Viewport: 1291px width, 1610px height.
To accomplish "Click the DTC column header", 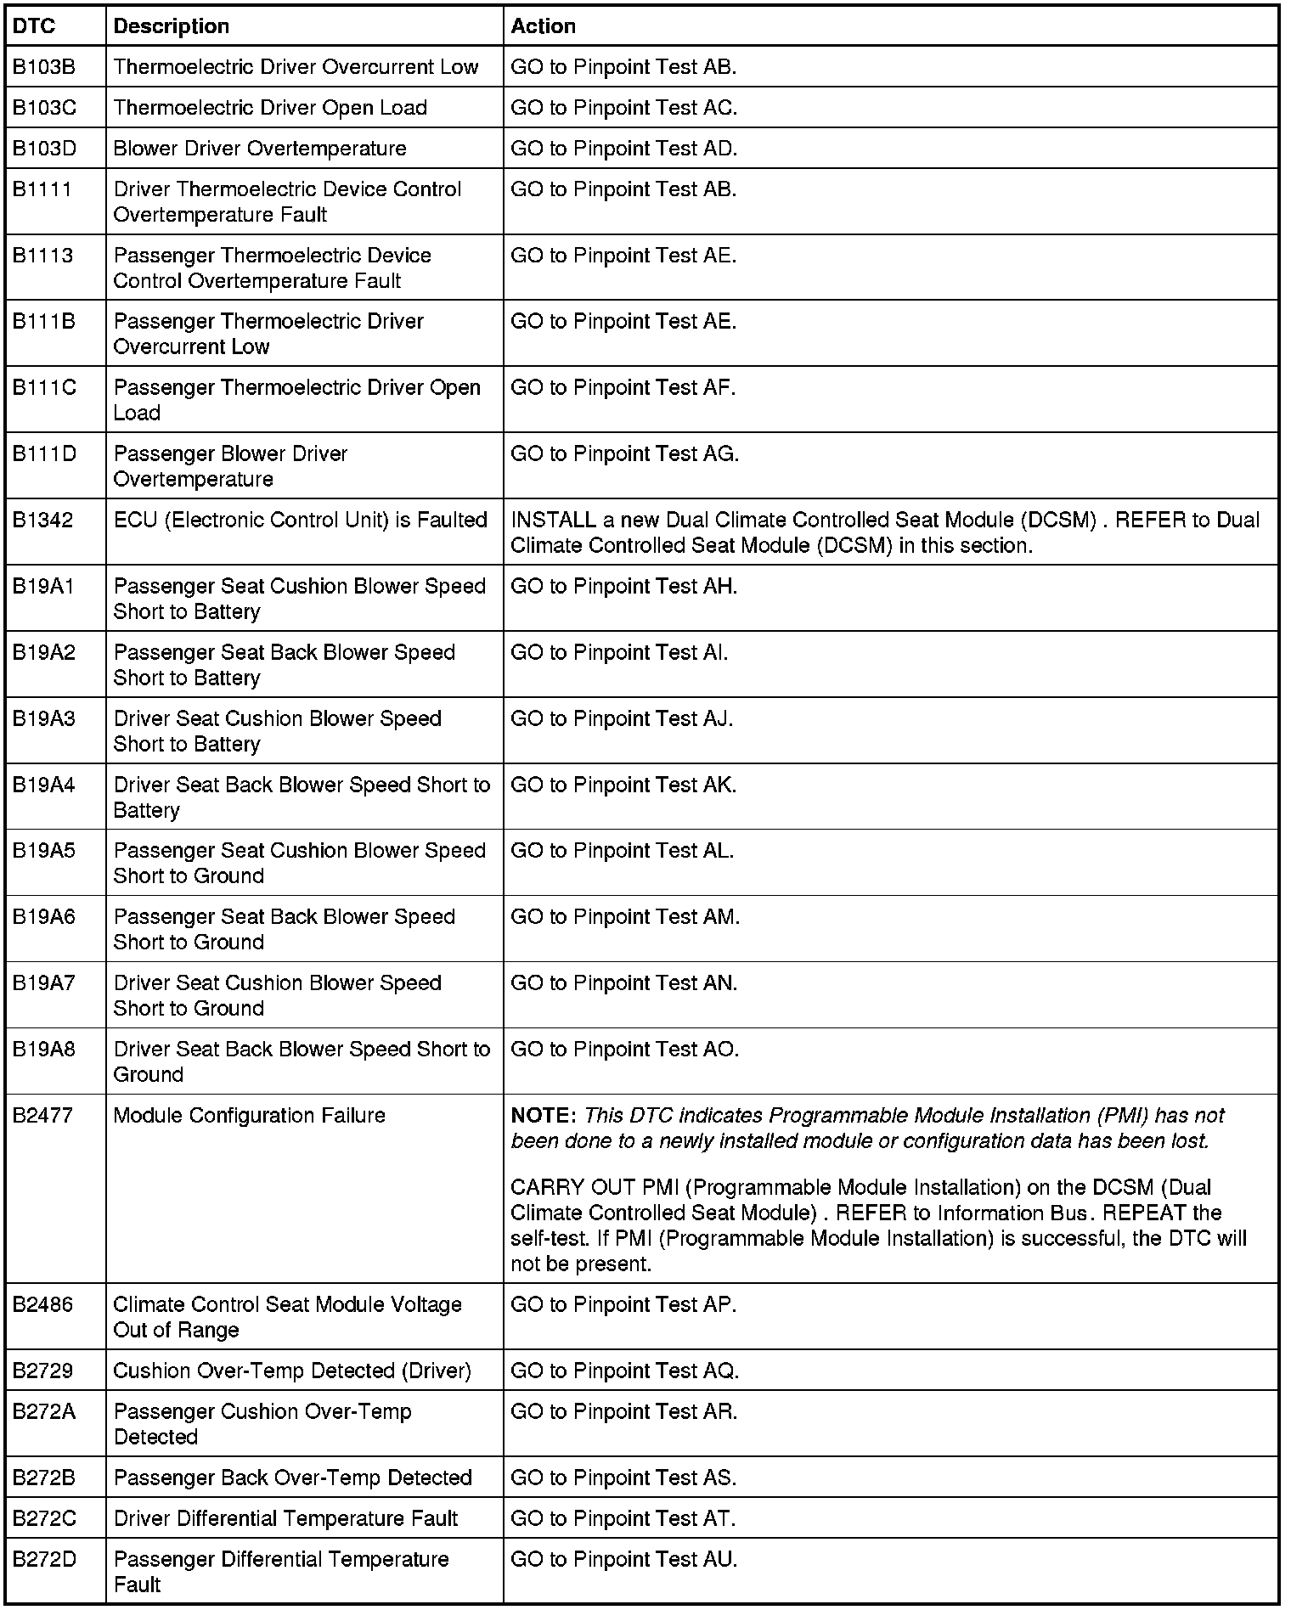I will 34,26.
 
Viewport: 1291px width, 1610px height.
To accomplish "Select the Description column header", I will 171,26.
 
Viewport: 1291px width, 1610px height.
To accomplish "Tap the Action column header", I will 543,26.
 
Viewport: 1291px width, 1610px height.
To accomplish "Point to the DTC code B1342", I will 42,520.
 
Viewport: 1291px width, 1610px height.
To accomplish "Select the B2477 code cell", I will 43,1115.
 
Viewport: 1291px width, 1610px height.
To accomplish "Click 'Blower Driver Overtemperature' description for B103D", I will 260,149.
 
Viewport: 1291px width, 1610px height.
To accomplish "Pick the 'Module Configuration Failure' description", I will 249,1115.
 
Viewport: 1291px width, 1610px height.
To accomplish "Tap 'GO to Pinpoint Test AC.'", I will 623,108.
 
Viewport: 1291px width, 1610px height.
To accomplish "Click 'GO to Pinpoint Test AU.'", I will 623,1559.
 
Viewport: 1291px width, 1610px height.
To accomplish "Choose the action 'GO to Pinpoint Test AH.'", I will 623,586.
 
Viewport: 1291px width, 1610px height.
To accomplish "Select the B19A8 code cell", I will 43,1049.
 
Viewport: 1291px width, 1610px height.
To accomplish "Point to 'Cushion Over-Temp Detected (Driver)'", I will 291,1371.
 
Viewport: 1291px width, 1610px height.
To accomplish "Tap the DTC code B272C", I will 44,1518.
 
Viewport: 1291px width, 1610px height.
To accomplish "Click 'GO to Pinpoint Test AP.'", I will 623,1304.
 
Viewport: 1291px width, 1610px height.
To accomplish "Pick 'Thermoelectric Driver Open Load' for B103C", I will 270,108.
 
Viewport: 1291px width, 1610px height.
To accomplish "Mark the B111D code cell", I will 44,453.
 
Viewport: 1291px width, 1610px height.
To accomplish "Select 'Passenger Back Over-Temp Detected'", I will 292,1478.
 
